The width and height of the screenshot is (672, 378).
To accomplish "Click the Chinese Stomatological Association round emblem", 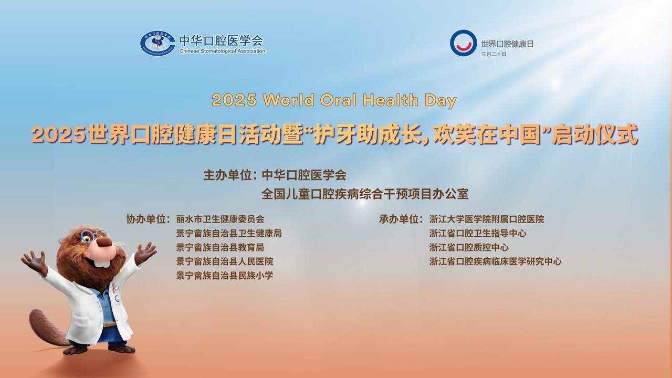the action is point(157,43).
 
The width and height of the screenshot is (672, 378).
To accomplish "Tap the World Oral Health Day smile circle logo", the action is point(463,43).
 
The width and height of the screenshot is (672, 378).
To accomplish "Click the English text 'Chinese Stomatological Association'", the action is point(222,51).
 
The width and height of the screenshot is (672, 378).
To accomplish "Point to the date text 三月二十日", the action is point(494,54).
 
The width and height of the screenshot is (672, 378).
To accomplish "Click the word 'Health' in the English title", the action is point(390,100).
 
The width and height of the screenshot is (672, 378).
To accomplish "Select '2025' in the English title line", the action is point(234,100).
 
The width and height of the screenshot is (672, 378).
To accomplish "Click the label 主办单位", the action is point(227,175).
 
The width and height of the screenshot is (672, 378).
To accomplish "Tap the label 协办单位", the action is point(146,219).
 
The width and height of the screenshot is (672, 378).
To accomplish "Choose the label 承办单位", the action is point(398,219).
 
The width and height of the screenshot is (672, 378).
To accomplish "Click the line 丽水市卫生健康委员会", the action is point(220,219).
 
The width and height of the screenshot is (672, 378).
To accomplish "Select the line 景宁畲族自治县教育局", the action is point(220,247).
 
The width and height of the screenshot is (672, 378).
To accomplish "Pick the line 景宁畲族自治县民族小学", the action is point(225,276).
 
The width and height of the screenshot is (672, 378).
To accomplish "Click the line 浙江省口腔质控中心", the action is point(469,247).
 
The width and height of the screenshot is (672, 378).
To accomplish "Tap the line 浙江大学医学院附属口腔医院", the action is point(487,219).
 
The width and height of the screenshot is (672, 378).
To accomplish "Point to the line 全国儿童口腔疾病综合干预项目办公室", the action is point(365,194).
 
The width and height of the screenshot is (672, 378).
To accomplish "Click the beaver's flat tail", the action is point(47,328).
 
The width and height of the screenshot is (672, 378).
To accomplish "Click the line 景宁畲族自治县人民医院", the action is point(225,261).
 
